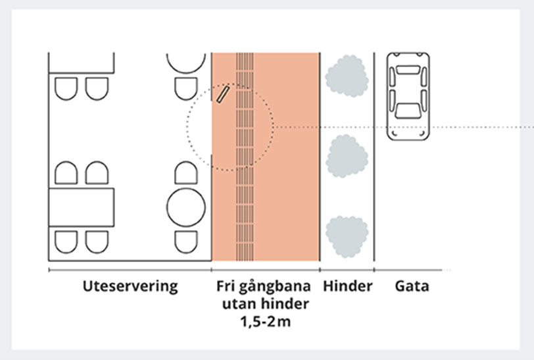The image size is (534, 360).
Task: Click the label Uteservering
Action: click(130, 286)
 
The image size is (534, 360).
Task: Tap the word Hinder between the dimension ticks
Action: click(347, 286)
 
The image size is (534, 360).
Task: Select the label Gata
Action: click(412, 286)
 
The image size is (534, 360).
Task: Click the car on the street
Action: click(408, 97)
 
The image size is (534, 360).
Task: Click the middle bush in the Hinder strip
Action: click(347, 155)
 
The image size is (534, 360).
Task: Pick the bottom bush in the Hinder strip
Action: click(347, 236)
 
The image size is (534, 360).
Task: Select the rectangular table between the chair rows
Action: click(82, 207)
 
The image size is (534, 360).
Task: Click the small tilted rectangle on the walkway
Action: click(223, 95)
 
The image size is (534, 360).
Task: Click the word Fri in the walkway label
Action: click(227, 286)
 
